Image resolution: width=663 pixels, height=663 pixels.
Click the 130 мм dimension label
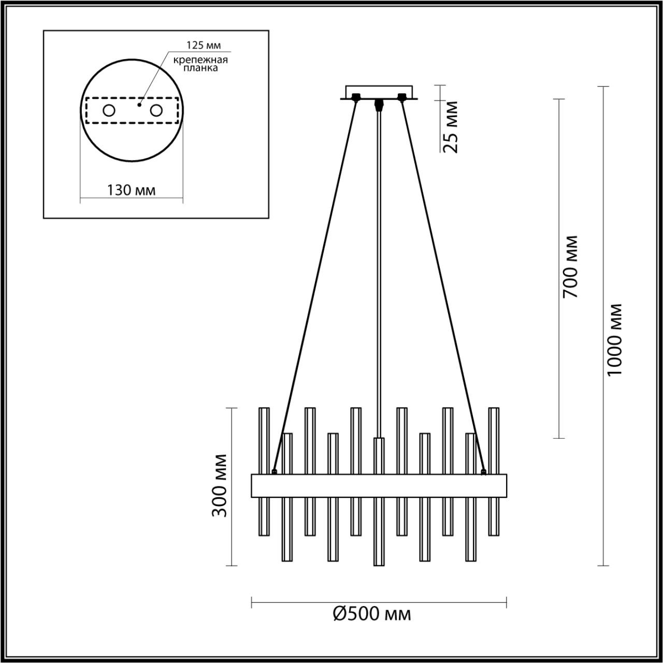pyautogui.click(x=131, y=190)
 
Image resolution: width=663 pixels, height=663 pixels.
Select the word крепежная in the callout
pyautogui.click(x=201, y=59)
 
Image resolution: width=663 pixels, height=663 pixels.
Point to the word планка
pyautogui.click(x=201, y=68)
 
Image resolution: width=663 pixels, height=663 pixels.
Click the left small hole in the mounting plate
pyautogui.click(x=109, y=110)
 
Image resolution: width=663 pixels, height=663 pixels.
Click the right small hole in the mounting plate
pyautogui.click(x=156, y=110)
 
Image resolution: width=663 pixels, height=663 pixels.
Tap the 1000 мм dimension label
pyautogui.click(x=614, y=339)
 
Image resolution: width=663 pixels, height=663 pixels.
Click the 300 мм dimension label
pyautogui.click(x=220, y=485)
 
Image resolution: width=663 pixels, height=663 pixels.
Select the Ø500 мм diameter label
pyautogui.click(x=371, y=614)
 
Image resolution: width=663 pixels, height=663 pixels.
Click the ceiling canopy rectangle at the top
pyautogui.click(x=379, y=91)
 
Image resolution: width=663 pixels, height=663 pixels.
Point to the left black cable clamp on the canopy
pyautogui.click(x=356, y=96)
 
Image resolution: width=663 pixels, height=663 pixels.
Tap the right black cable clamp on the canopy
pyautogui.click(x=401, y=96)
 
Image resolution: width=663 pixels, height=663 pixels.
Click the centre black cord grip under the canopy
pyautogui.click(x=379, y=103)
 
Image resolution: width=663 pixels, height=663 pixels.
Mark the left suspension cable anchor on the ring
pyautogui.click(x=274, y=471)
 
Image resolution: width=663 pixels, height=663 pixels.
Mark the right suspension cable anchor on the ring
pyautogui.click(x=483, y=471)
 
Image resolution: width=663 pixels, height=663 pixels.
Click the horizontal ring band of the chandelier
pyautogui.click(x=379, y=485)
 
